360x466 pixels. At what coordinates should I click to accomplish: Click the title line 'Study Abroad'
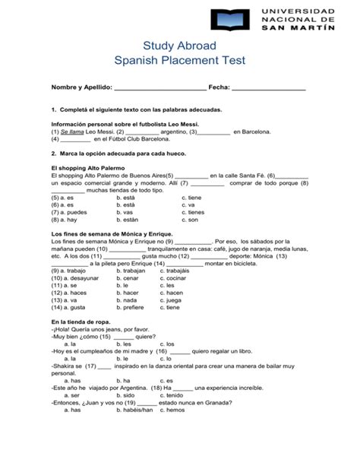[x=179, y=46]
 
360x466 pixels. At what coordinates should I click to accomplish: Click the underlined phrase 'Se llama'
[x=72, y=132]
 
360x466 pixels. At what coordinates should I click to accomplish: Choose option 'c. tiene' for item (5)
[x=193, y=198]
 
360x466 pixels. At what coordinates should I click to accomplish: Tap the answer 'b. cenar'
[x=133, y=278]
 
